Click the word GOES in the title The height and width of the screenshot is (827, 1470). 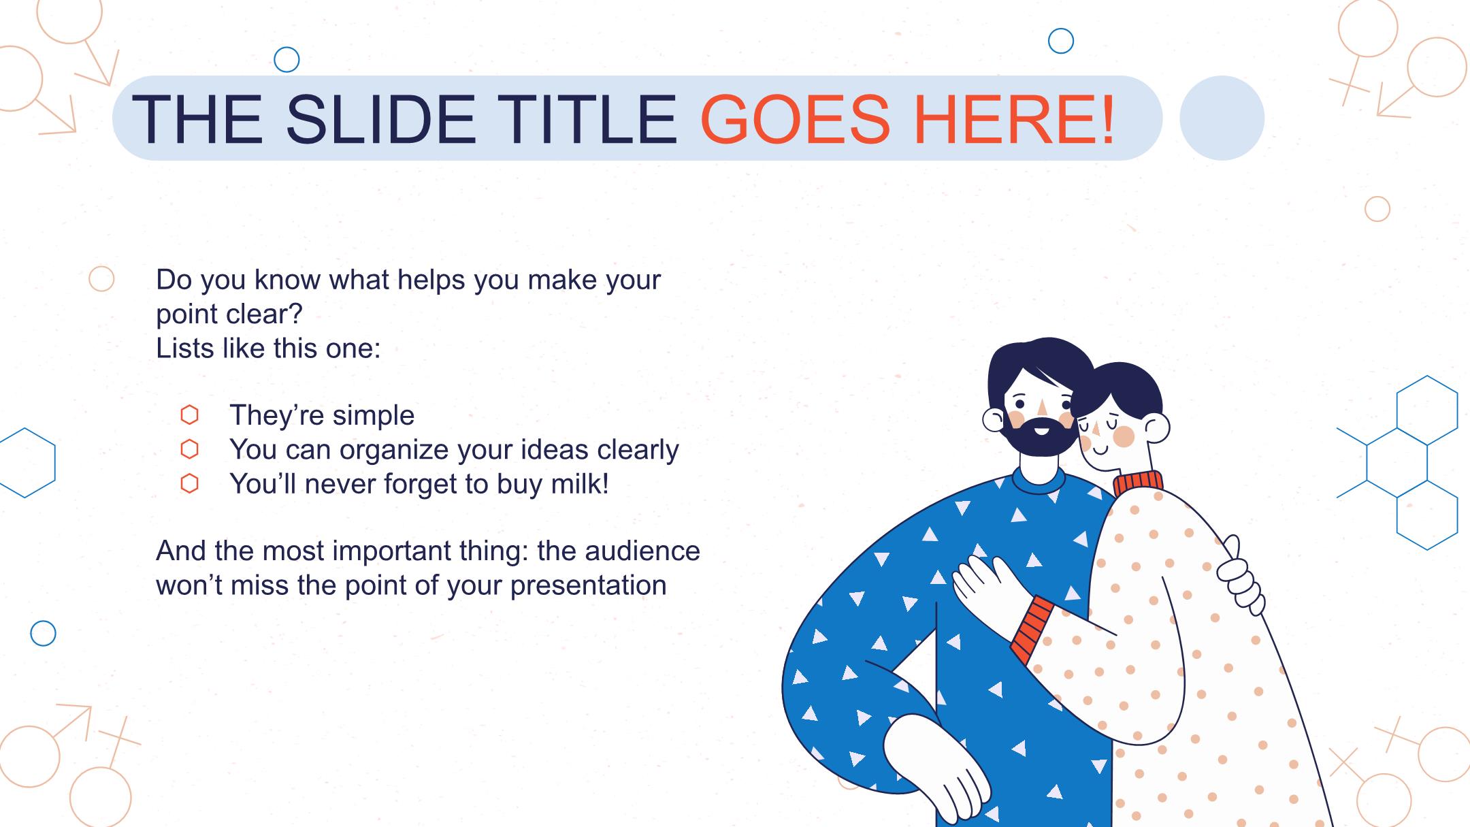tap(795, 118)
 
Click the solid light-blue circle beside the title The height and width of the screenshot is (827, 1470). tap(1222, 118)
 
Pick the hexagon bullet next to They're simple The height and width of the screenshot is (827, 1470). tap(189, 415)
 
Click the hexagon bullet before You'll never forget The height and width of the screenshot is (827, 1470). tap(189, 483)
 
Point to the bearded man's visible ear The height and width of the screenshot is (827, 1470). tap(994, 420)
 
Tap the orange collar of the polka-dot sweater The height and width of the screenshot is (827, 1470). tap(1139, 483)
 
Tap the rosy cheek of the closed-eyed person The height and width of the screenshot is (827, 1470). tap(1124, 436)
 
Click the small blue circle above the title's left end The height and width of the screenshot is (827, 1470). tap(287, 60)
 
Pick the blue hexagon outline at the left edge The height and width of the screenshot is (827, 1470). tap(25, 463)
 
